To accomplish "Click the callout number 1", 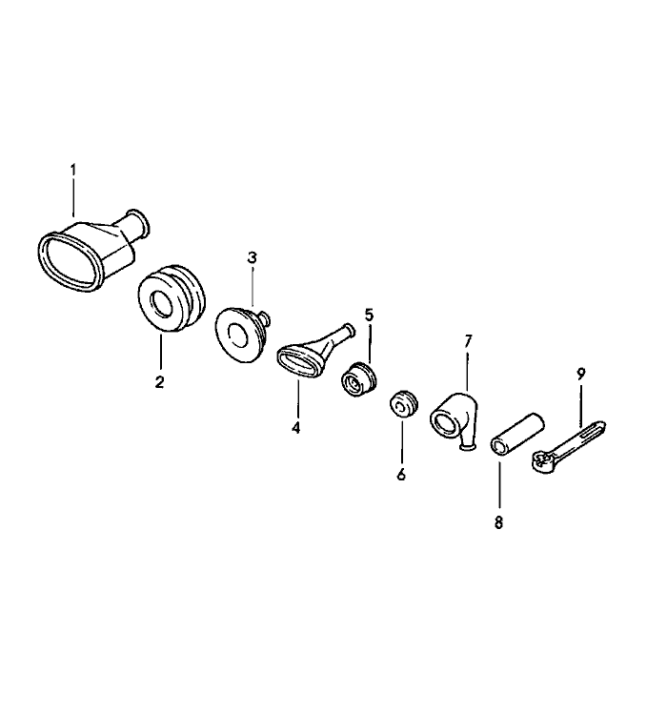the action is (x=72, y=171).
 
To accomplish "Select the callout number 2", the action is (x=159, y=382).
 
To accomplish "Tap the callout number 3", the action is (x=252, y=257).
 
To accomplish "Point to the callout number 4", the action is (x=296, y=428).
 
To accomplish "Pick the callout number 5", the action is (x=369, y=315).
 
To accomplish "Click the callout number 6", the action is (x=401, y=475).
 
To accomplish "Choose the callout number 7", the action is (x=468, y=341).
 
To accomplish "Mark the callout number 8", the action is (x=498, y=523).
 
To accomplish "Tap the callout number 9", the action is (x=580, y=375).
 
